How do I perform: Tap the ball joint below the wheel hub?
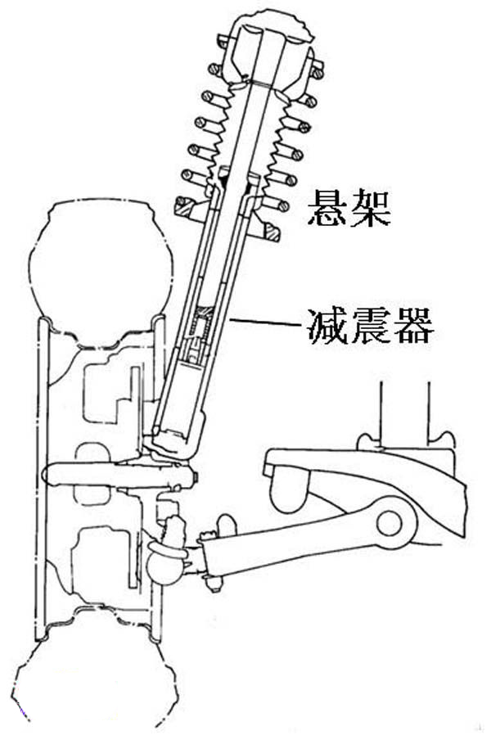(166, 565)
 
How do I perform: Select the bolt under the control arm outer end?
(215, 582)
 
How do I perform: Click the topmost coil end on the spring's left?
(223, 40)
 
